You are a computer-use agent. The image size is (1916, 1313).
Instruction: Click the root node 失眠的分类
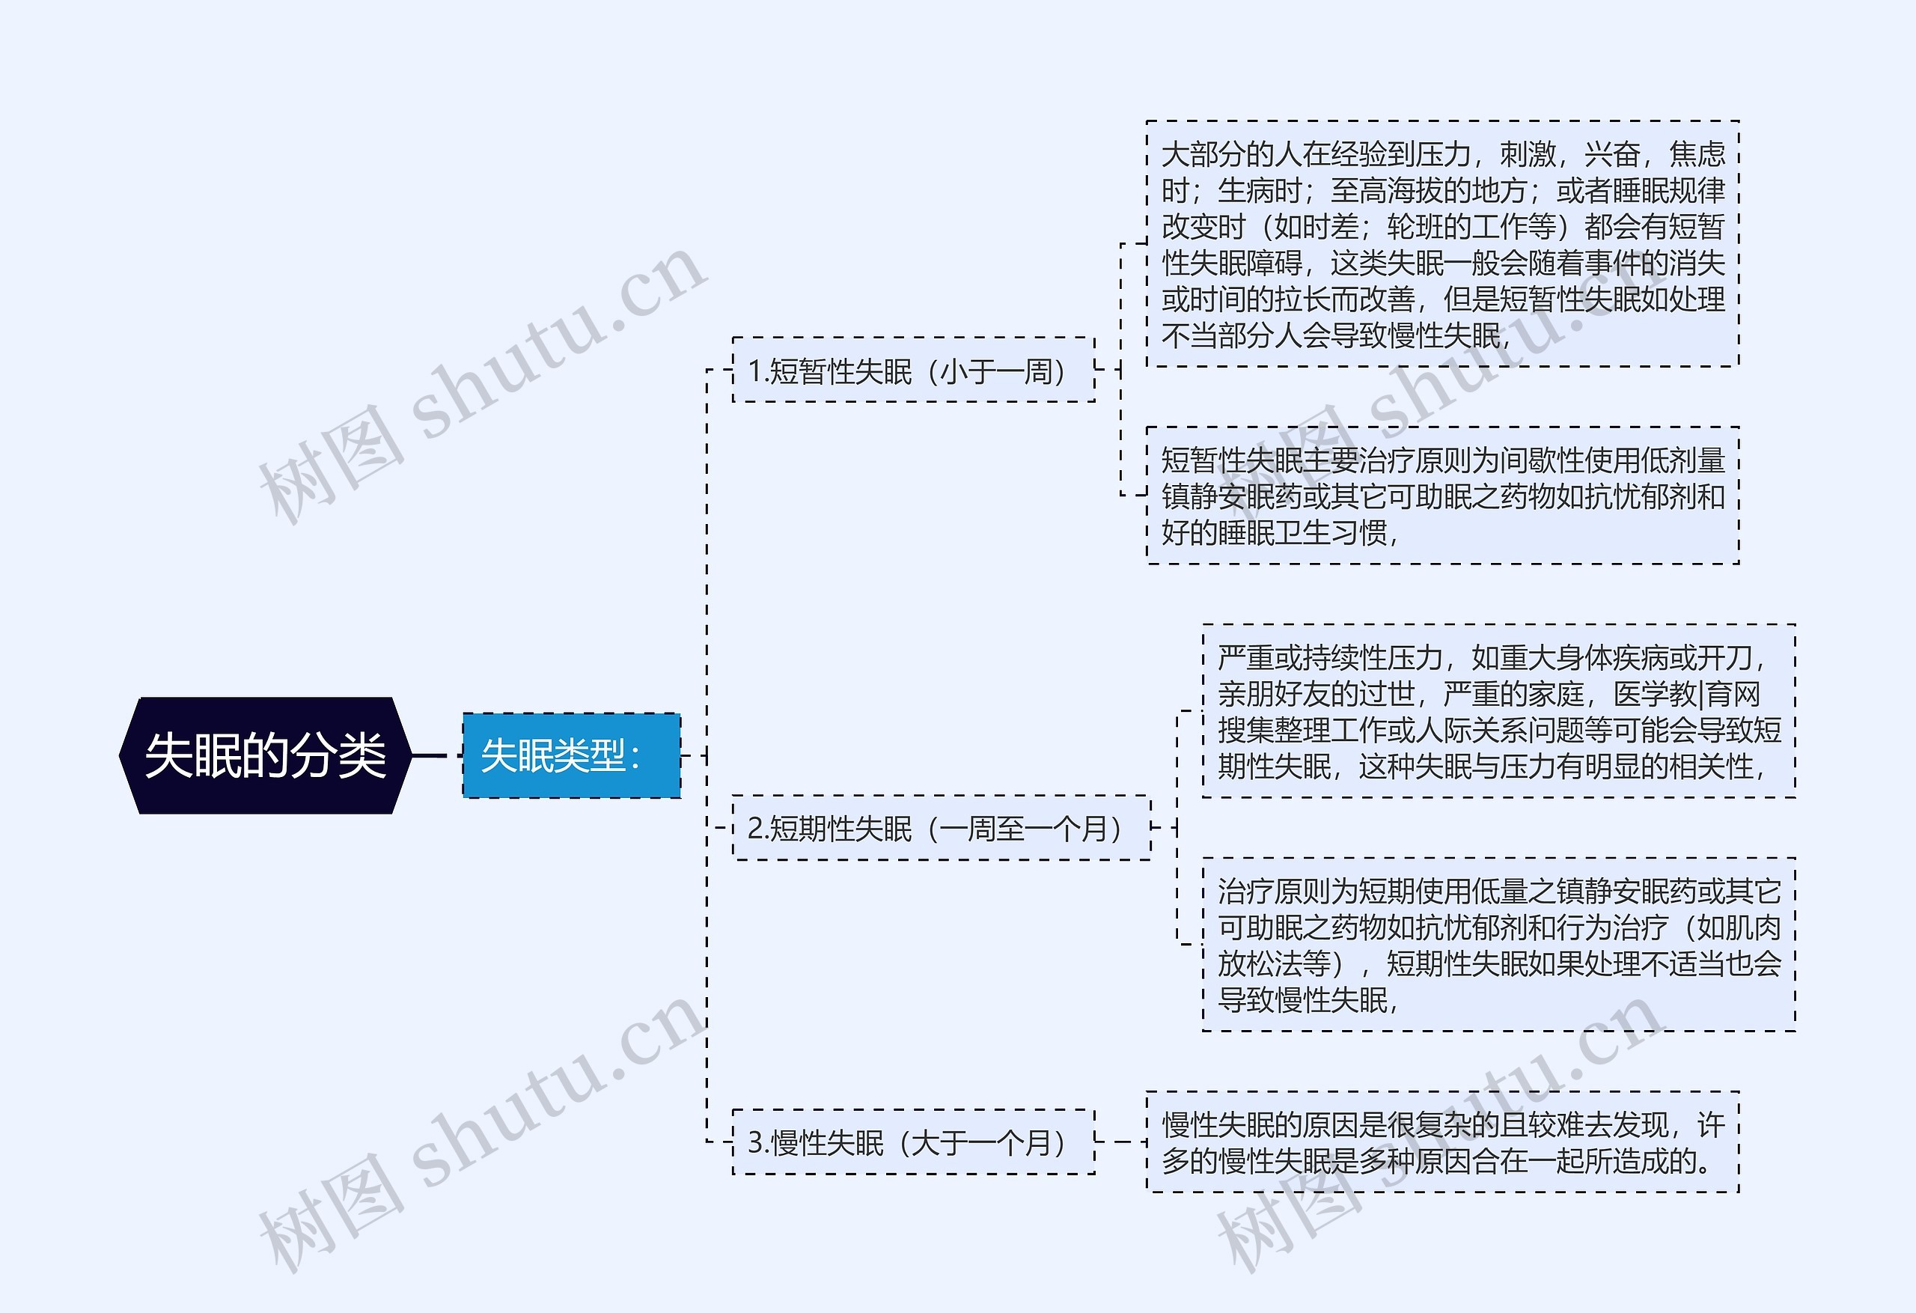pyautogui.click(x=266, y=755)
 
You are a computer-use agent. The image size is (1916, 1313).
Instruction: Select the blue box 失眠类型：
pyautogui.click(x=571, y=755)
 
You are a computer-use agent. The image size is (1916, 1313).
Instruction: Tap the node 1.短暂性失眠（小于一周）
pyautogui.click(x=914, y=371)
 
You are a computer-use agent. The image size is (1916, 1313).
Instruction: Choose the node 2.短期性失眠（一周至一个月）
pyautogui.click(x=942, y=827)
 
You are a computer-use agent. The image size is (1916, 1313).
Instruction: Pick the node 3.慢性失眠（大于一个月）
pyautogui.click(x=914, y=1142)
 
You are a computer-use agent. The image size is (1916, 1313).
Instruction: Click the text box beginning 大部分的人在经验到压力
pyautogui.click(x=1443, y=244)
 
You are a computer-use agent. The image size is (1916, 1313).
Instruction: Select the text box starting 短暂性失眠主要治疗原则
pyautogui.click(x=1443, y=496)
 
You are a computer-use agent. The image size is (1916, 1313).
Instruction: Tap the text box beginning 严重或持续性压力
pyautogui.click(x=1499, y=711)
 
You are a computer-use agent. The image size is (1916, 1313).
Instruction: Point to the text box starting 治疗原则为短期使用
pyautogui.click(x=1499, y=945)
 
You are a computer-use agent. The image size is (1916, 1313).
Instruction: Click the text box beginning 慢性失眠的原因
pyautogui.click(x=1443, y=1142)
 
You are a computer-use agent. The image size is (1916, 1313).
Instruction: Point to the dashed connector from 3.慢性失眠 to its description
pyautogui.click(x=1121, y=1142)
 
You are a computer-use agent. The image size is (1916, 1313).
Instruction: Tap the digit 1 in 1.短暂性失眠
pyautogui.click(x=754, y=371)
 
